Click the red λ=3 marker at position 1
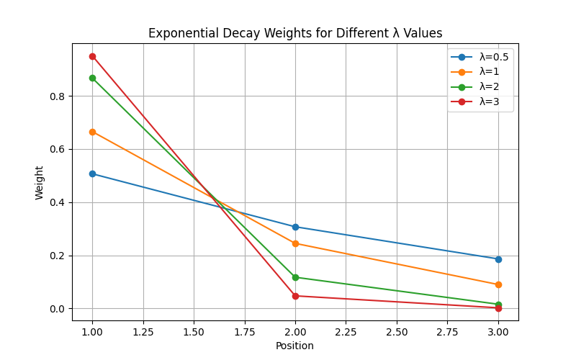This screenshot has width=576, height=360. click(92, 56)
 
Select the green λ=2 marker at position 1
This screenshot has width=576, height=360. click(92, 78)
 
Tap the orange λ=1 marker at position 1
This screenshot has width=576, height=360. click(92, 132)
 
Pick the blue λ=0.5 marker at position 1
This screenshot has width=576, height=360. click(92, 174)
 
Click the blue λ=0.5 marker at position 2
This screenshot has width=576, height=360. click(295, 227)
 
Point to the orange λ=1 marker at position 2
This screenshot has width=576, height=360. click(295, 243)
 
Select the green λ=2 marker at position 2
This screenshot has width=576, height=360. click(295, 277)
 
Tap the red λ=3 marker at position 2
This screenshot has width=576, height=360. click(295, 296)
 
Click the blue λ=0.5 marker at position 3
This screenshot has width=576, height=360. click(498, 259)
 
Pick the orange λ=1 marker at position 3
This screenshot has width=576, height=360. click(498, 284)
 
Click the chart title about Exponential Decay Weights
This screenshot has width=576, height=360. click(295, 33)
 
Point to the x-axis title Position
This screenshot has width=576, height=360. click(295, 346)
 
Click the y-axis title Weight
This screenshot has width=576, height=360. click(40, 182)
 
